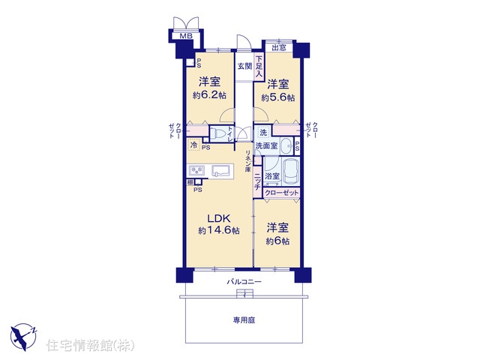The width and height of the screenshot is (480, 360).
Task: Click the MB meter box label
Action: pyautogui.click(x=186, y=36)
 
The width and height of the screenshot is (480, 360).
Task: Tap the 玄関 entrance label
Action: pyautogui.click(x=245, y=66)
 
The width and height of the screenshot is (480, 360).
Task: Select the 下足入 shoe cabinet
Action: pyautogui.click(x=259, y=67)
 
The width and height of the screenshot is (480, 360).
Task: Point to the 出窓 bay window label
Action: pyautogui.click(x=279, y=48)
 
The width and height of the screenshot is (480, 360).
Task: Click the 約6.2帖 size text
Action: pyautogui.click(x=209, y=95)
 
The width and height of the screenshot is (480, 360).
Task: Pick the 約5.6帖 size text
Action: pyautogui.click(x=278, y=97)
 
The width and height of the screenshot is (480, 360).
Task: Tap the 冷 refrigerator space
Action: pyautogui.click(x=194, y=145)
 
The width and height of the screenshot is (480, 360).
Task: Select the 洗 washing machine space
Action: pyautogui.click(x=263, y=133)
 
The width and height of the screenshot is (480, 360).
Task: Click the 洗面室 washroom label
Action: pyautogui.click(x=267, y=145)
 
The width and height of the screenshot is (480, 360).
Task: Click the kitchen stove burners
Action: pyautogui.click(x=196, y=170)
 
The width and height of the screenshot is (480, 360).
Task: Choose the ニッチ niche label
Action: pyautogui.click(x=258, y=182)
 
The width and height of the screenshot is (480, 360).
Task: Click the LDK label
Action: pyautogui.click(x=218, y=218)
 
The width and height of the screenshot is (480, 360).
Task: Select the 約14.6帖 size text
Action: pyautogui.click(x=218, y=230)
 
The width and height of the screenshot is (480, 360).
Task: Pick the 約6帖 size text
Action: pyautogui.click(x=277, y=241)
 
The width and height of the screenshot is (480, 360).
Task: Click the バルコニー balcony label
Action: pyautogui.click(x=244, y=282)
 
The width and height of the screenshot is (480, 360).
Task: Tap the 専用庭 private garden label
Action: pyautogui.click(x=244, y=320)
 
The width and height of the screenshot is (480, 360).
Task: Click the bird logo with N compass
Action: pyautogui.click(x=23, y=337)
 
